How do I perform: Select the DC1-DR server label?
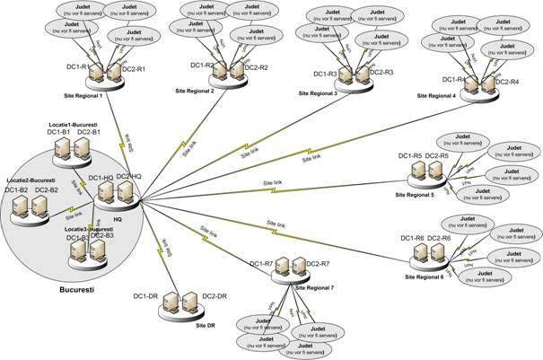[x=146, y=295]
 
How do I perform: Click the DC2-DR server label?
[x=218, y=295]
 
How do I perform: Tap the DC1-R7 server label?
[x=261, y=263]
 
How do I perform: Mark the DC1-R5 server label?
[x=410, y=156]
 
